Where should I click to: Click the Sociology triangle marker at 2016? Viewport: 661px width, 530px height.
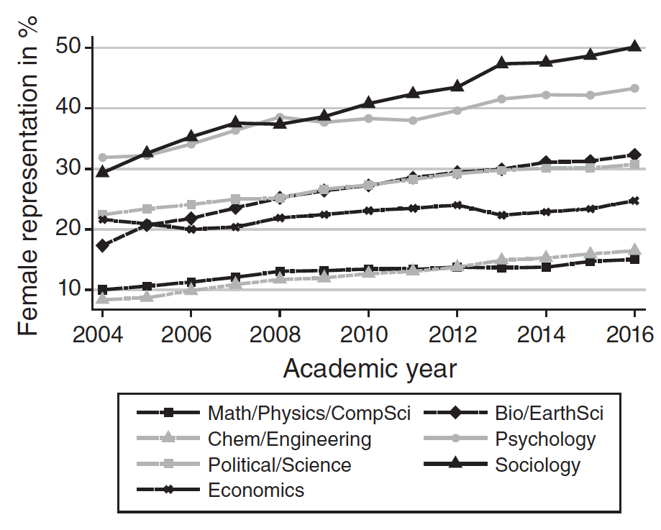point(634,46)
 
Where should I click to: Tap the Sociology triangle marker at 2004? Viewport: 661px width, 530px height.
point(103,171)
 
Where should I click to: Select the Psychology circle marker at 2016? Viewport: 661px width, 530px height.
point(634,88)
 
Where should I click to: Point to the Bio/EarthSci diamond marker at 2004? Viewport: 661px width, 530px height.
point(103,246)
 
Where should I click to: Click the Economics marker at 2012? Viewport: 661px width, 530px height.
point(457,205)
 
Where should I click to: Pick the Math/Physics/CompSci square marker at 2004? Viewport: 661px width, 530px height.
point(103,290)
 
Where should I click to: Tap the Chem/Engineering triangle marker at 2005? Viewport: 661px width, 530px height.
point(147,296)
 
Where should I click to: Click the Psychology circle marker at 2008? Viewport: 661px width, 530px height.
point(280,116)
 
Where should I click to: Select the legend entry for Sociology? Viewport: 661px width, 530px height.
point(537,465)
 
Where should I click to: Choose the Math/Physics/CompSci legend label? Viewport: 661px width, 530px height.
point(309,413)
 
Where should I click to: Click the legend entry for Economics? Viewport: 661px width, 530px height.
point(256,490)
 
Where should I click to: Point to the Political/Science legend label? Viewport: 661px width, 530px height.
point(279,465)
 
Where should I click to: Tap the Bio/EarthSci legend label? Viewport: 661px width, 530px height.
point(549,413)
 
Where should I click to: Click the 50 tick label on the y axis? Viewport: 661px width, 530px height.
point(69,48)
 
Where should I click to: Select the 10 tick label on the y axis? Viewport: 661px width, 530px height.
point(69,290)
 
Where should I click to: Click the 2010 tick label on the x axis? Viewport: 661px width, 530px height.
point(368,336)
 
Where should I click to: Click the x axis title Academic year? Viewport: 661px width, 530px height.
point(369,368)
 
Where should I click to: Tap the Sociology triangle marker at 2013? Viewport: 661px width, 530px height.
point(501,63)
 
